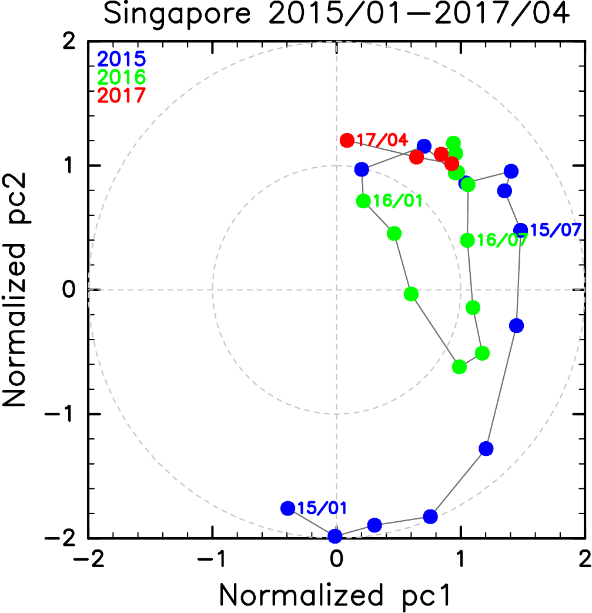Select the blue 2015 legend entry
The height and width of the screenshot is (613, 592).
coord(121,59)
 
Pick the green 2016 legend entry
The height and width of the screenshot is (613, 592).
coord(121,77)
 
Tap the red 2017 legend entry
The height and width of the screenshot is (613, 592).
coord(121,95)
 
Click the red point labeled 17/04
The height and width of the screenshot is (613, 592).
coord(347,141)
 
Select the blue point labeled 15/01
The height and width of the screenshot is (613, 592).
coord(288,508)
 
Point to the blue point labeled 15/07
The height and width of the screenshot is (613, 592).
coord(520,230)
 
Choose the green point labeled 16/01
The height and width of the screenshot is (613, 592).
coord(363,201)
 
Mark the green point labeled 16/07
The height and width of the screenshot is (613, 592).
coord(467,240)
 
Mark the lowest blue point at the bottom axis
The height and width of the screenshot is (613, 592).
coord(335,536)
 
